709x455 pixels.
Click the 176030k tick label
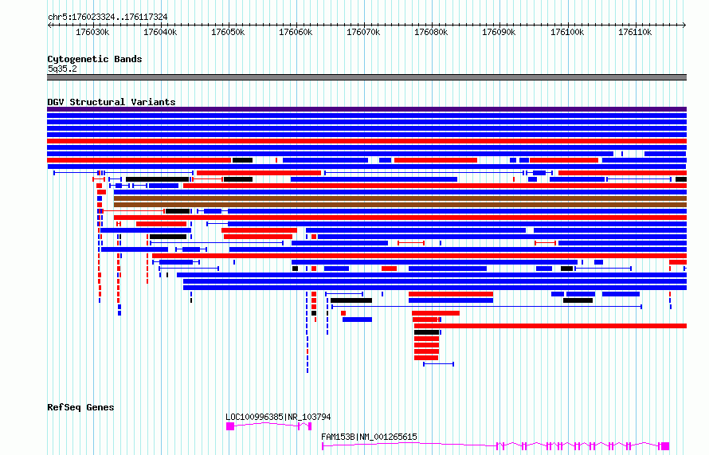[92, 33]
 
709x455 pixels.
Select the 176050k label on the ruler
[228, 33]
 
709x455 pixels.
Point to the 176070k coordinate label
[363, 33]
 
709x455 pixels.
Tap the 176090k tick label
[499, 33]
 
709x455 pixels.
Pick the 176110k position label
[635, 33]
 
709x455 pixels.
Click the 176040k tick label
[160, 33]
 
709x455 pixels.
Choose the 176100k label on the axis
[567, 33]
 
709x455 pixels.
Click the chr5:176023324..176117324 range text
[108, 18]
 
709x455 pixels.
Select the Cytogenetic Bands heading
[95, 59]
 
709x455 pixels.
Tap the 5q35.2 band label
[62, 69]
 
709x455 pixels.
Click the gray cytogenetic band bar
[366, 77]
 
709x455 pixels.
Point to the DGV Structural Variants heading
[112, 102]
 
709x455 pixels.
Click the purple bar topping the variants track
[366, 109]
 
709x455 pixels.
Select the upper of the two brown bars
[400, 198]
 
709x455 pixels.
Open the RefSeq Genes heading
[80, 407]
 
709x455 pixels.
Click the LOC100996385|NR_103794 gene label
[278, 417]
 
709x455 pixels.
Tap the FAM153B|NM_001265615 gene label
[369, 437]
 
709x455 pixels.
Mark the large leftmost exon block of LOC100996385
[230, 426]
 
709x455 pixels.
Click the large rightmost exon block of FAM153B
[665, 446]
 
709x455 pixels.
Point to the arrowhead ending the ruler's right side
[684, 25]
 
